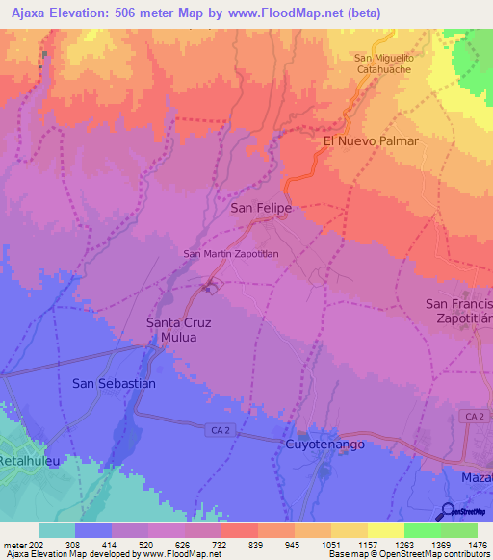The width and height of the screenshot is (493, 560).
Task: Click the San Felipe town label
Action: tap(260, 207)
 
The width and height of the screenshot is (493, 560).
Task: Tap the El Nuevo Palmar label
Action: tap(371, 140)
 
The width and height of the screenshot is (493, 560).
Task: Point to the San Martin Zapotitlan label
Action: tap(230, 254)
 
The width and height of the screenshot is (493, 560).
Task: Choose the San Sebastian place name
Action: tap(114, 383)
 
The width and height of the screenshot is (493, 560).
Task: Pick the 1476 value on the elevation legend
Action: tap(460, 544)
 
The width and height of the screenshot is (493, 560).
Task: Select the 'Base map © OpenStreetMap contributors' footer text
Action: tap(408, 554)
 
